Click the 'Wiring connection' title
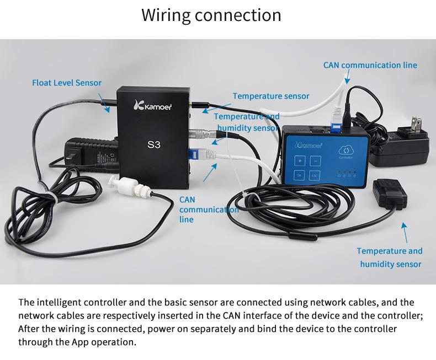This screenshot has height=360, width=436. click(211, 15)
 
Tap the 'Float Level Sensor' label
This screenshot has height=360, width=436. click(67, 83)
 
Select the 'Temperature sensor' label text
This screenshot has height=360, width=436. click(271, 96)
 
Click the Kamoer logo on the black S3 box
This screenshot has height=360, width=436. click(153, 105)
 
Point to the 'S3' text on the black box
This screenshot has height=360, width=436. click(154, 145)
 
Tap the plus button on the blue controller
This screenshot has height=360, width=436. click(300, 161)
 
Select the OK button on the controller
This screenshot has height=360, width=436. click(299, 175)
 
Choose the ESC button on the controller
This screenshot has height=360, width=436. click(315, 175)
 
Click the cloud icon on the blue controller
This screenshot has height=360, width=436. click(346, 151)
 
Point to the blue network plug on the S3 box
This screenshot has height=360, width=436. click(193, 154)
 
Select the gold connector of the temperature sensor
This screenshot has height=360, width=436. click(192, 105)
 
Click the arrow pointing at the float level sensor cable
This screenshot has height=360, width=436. click(104, 103)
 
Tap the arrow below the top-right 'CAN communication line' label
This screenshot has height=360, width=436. click(347, 77)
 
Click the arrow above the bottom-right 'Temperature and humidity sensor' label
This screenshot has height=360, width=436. click(405, 233)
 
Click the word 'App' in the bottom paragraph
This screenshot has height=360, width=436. click(81, 342)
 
